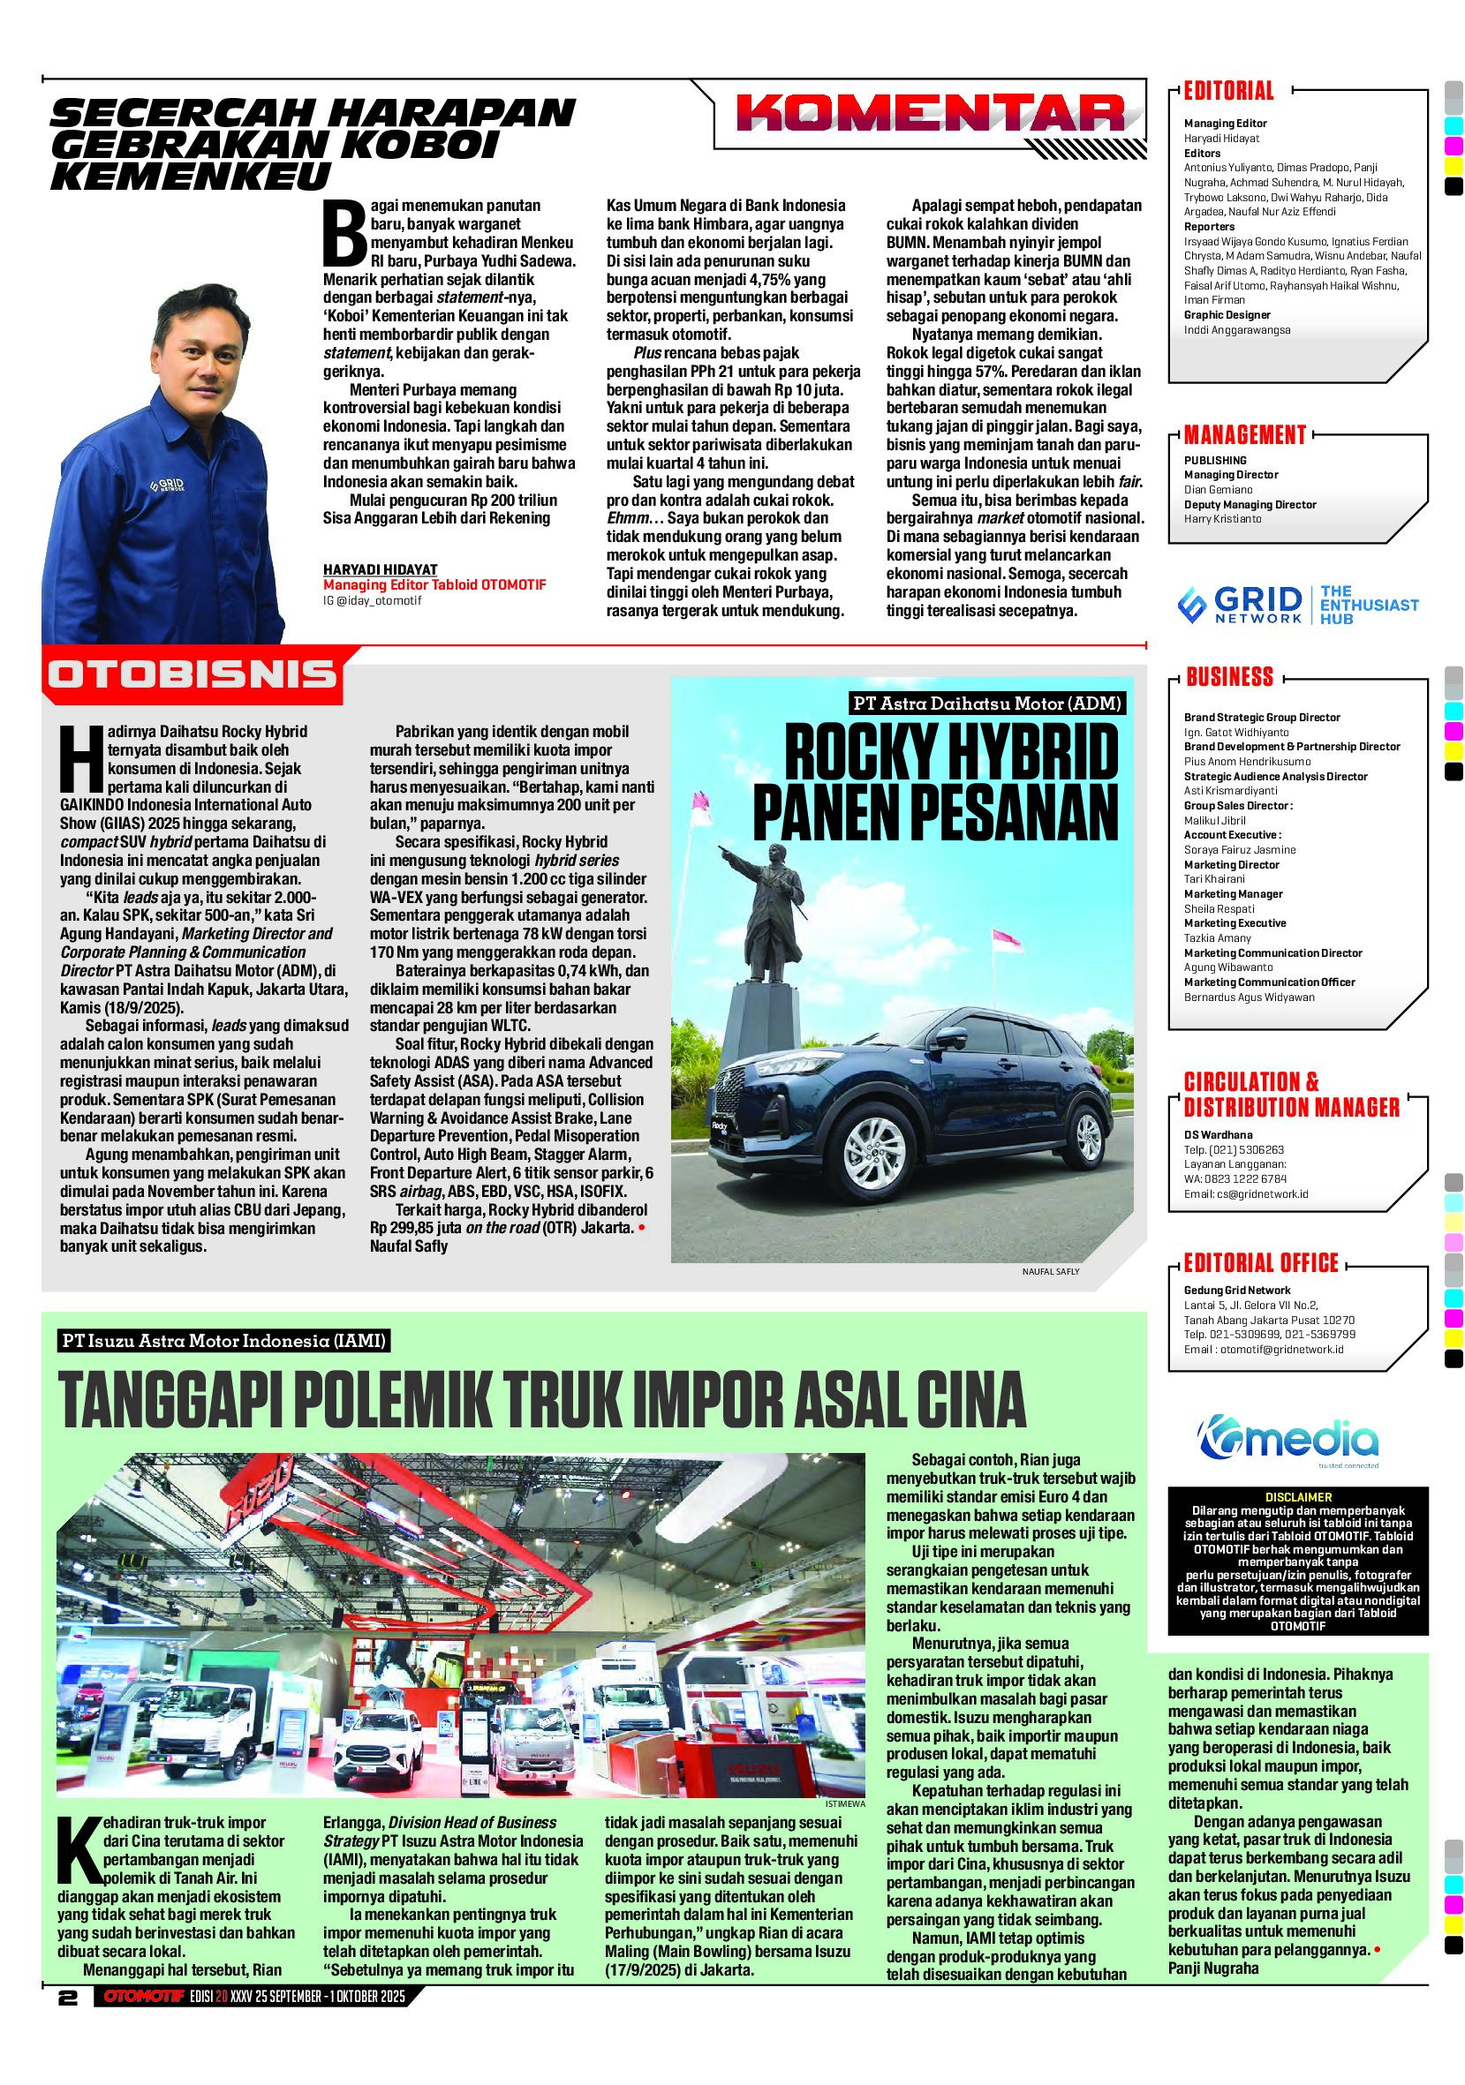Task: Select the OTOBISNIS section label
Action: [193, 674]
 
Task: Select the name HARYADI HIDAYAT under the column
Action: [381, 569]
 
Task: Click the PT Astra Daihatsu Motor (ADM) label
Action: [988, 703]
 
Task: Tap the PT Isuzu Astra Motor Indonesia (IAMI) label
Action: [224, 1340]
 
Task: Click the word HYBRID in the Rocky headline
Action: [1027, 753]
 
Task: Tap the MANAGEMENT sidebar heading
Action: [1244, 435]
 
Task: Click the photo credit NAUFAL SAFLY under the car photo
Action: [1051, 1271]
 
